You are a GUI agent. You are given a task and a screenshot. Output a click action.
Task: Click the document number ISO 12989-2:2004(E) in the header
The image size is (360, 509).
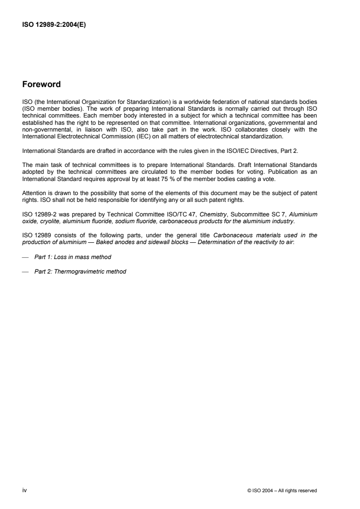54,25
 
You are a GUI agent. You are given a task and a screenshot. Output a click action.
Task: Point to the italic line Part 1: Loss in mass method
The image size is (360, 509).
73,257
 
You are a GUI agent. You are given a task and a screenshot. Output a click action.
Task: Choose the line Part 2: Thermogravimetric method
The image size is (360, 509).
80,272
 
